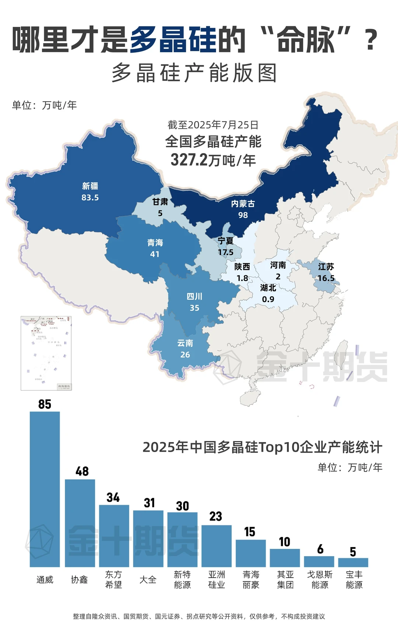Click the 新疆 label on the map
[x=90, y=186]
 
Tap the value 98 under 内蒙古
[x=243, y=215]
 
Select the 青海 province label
[x=155, y=243]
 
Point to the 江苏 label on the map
[x=326, y=267]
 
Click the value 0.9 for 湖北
[x=268, y=299]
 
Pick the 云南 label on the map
[x=185, y=343]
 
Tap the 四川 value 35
[x=194, y=308]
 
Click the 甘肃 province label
[x=160, y=202]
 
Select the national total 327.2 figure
[x=189, y=160]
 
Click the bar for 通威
[x=45, y=490]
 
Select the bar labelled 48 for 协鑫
[x=80, y=523]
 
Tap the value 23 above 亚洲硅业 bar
[x=216, y=516]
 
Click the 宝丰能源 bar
[x=353, y=562]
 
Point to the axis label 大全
[x=148, y=580]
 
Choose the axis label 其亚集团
[x=285, y=579]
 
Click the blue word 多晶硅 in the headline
[x=173, y=40]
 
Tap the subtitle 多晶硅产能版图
[x=194, y=73]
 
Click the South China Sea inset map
[x=46, y=353]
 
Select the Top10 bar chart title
[x=262, y=447]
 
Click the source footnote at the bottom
[x=199, y=616]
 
